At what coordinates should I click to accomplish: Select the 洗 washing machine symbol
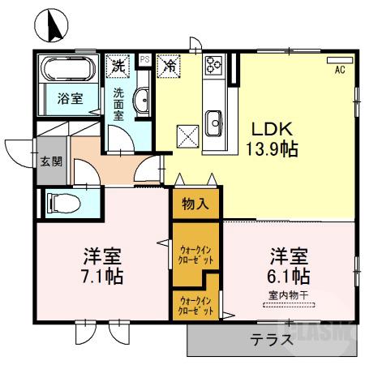click(118, 64)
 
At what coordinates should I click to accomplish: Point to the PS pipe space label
click(144, 59)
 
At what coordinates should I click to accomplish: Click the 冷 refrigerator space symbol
click(170, 64)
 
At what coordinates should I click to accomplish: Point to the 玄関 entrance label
click(49, 161)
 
